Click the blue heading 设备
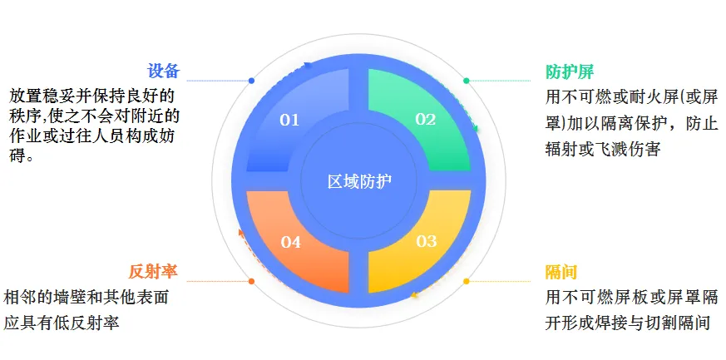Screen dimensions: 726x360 tap(163, 71)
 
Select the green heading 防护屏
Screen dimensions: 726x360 tap(570, 71)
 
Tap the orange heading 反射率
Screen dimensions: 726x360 tap(153, 272)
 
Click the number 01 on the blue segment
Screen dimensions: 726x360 tap(289, 120)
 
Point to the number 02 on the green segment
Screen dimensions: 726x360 tap(426, 119)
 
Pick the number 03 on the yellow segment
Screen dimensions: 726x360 tap(426, 241)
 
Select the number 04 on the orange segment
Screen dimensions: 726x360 tap(290, 242)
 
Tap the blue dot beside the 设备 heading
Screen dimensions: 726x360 tap(251, 81)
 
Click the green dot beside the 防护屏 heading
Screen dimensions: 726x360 tap(466, 81)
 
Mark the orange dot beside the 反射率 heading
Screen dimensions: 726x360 tap(251, 281)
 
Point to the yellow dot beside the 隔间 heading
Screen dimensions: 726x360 tap(466, 281)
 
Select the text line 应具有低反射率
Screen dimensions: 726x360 tap(62, 323)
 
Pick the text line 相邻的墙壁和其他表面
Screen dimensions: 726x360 tap(86, 298)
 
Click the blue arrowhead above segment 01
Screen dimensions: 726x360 tap(308, 65)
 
